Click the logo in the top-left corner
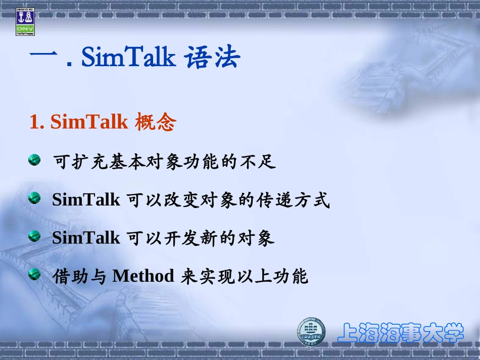click(x=25, y=22)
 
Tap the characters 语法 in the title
click(x=213, y=58)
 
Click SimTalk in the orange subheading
click(x=89, y=122)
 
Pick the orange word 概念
click(x=156, y=122)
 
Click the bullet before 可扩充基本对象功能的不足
click(x=34, y=161)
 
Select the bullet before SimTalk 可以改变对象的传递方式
click(x=34, y=198)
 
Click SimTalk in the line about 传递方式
click(x=86, y=200)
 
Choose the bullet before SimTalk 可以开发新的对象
click(x=34, y=236)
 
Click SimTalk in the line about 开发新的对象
click(x=86, y=238)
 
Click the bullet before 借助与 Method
click(x=34, y=274)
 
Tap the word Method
click(x=143, y=276)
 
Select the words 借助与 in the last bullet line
click(x=79, y=276)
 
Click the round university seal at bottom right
click(x=311, y=332)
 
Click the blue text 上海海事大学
click(x=400, y=333)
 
